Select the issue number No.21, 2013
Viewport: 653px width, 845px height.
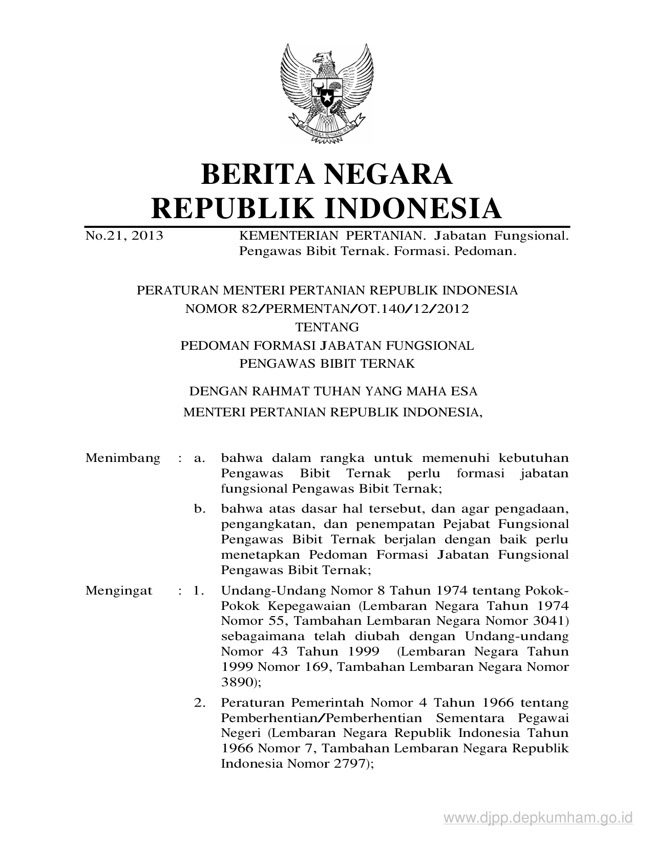(124, 236)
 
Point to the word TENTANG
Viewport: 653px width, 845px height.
(327, 327)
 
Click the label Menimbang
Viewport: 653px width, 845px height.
(123, 458)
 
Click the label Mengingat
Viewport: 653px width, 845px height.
(119, 590)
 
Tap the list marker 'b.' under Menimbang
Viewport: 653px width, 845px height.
(200, 509)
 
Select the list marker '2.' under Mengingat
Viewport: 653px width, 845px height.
(200, 703)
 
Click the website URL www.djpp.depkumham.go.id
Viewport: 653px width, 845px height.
(538, 817)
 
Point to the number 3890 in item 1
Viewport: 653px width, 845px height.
(237, 682)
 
